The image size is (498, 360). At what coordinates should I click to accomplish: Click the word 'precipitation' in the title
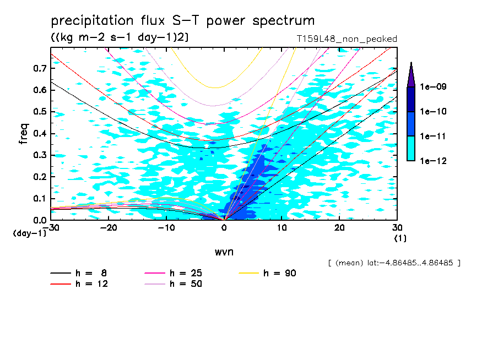[x=92, y=21]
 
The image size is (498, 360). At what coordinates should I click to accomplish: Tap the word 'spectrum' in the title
[x=284, y=21]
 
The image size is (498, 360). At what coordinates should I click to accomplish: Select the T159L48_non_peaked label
[x=347, y=39]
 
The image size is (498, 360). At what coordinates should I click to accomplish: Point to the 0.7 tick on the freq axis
[x=40, y=68]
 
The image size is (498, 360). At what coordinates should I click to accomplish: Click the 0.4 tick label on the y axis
[x=40, y=133]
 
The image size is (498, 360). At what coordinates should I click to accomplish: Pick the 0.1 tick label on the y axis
[x=40, y=198]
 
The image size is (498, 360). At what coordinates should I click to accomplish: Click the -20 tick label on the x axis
[x=109, y=228]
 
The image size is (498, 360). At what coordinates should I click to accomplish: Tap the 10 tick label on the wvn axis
[x=282, y=228]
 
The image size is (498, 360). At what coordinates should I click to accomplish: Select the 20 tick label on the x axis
[x=339, y=228]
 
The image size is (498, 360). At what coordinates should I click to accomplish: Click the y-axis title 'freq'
[x=24, y=134]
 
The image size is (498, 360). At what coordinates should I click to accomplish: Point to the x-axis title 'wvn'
[x=224, y=252]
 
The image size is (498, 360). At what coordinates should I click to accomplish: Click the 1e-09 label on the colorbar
[x=433, y=86]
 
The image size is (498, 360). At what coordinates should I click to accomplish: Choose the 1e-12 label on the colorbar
[x=433, y=161]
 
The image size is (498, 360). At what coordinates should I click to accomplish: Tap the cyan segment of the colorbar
[x=411, y=149]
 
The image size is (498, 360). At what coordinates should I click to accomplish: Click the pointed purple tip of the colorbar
[x=412, y=62]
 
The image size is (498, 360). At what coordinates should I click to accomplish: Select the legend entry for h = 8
[x=78, y=273]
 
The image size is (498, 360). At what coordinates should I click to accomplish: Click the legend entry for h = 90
[x=267, y=273]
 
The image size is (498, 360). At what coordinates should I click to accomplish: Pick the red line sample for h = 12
[x=61, y=284]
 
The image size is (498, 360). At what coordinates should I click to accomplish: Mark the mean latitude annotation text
[x=394, y=263]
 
